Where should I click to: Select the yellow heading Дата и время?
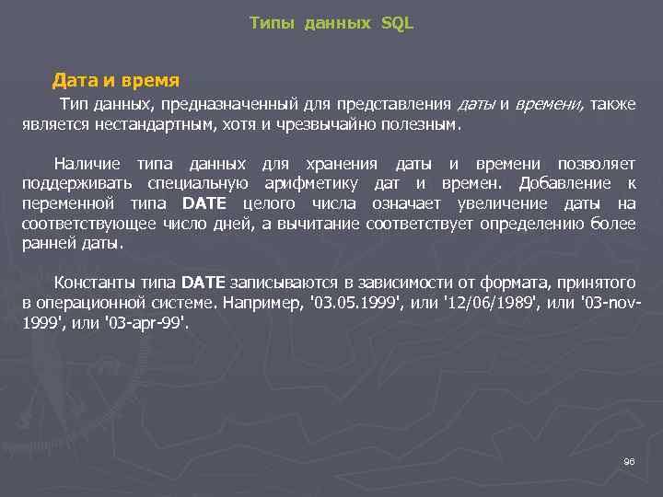coord(115,80)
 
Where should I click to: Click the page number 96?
coord(630,461)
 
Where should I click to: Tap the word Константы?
coord(97,282)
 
